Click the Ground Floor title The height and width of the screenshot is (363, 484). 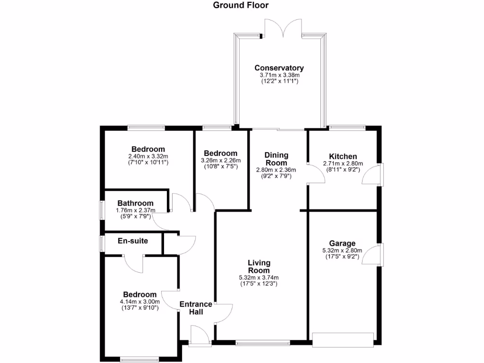241,6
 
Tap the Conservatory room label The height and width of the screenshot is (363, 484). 279,68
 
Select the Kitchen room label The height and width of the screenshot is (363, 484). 343,156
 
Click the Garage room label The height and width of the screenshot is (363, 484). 343,244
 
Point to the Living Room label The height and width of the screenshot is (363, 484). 259,266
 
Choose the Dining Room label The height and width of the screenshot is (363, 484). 276,159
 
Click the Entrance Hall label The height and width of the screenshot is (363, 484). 196,308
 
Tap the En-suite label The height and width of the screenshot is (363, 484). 133,241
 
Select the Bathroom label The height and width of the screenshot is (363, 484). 135,203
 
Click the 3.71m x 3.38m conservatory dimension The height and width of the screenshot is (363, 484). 279,75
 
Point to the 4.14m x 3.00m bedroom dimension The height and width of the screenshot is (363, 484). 140,302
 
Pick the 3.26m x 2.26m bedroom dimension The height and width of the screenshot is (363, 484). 220,160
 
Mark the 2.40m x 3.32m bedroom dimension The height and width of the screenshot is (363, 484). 148,156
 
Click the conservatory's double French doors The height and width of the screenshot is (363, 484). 283,28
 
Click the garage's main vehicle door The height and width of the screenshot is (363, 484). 343,339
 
